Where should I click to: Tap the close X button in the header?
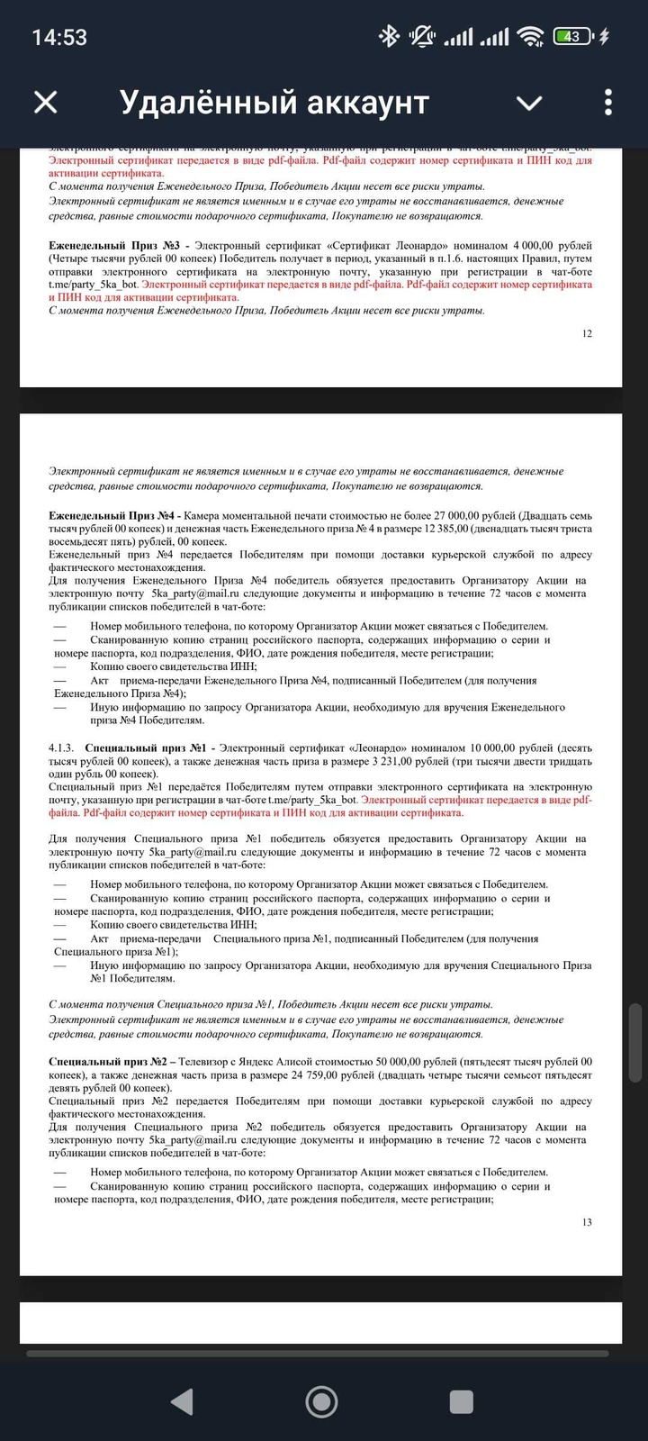(46, 103)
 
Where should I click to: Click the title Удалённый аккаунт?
(274, 103)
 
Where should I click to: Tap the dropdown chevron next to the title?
(529, 103)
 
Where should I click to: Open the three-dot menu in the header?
(608, 103)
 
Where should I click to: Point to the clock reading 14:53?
(59, 37)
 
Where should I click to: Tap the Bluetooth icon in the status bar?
(388, 37)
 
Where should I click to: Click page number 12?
(587, 333)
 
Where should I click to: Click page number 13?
(587, 1222)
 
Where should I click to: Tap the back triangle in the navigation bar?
(182, 1401)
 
